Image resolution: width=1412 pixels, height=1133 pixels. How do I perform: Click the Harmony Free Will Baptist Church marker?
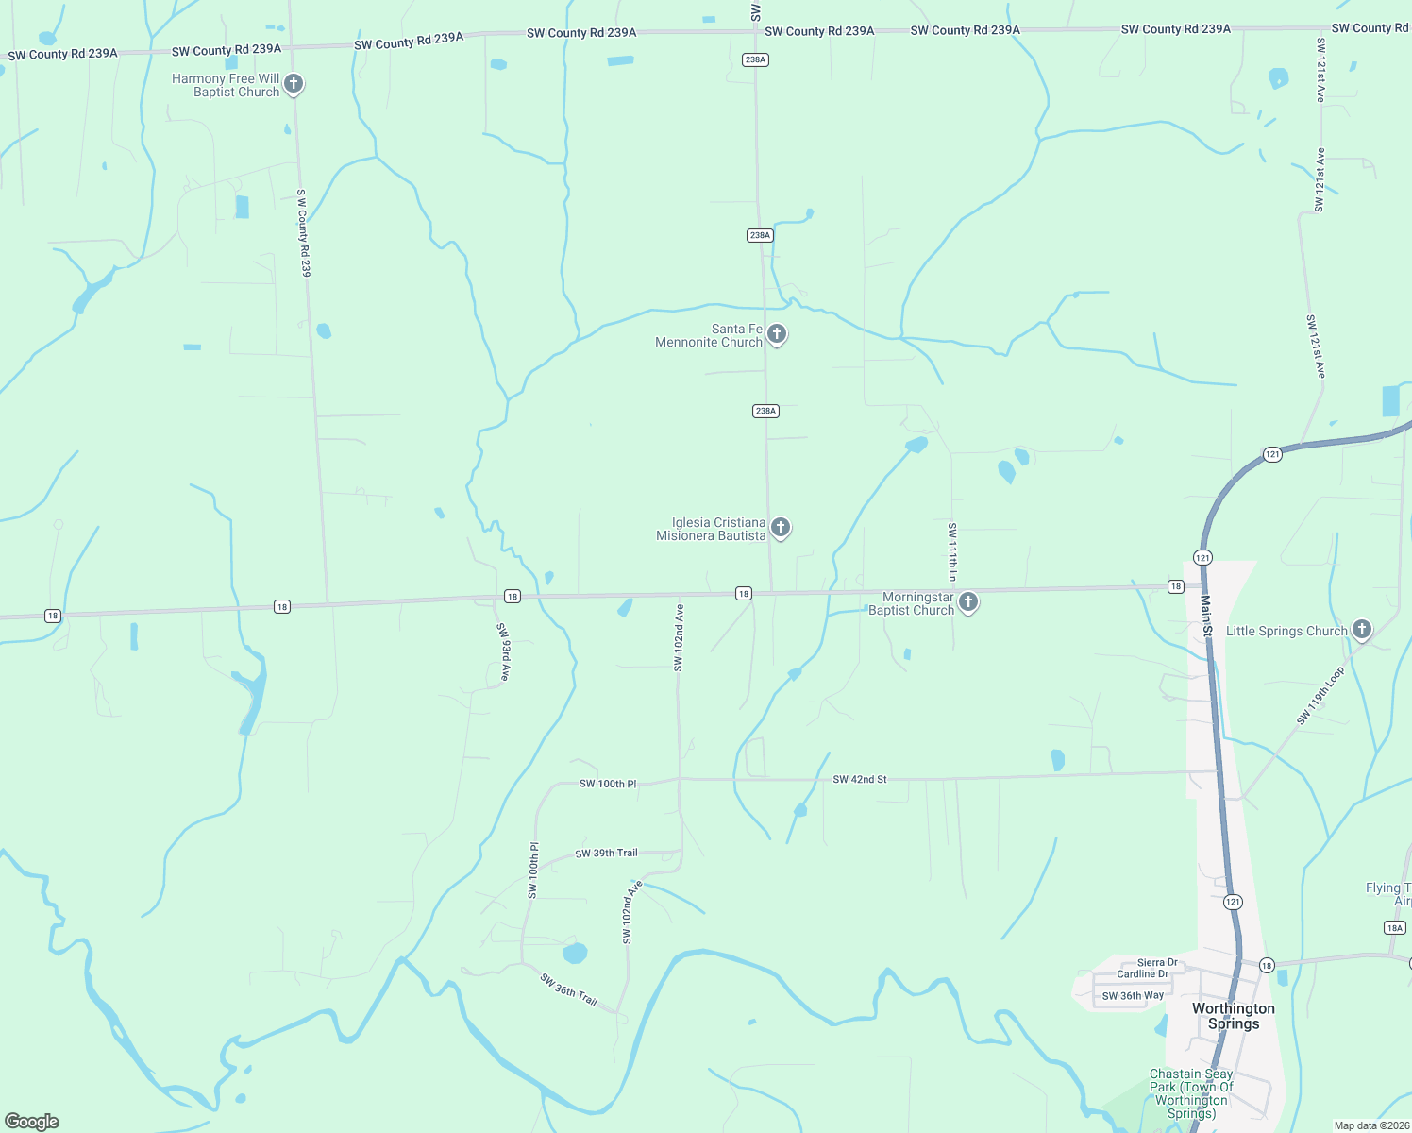294,84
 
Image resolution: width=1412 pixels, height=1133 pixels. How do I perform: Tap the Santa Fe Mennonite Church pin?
777,333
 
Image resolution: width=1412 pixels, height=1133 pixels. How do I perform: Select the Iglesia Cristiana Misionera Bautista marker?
781,528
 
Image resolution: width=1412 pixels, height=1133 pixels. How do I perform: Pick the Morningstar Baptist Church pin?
967,602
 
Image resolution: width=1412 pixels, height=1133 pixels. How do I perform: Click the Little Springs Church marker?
1361,630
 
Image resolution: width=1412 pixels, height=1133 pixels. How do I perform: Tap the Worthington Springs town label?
1233,1016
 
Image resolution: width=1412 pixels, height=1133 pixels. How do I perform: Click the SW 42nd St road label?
860,780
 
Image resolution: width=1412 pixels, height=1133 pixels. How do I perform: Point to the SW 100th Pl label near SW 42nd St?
608,784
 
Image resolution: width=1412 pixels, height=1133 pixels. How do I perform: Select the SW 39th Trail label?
606,854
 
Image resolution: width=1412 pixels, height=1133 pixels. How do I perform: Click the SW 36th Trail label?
569,989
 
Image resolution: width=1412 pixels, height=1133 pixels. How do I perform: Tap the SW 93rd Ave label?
505,652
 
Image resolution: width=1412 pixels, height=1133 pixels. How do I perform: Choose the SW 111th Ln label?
952,551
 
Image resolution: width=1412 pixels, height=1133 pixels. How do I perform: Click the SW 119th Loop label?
1320,696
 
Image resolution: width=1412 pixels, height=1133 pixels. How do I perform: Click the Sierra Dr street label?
1157,963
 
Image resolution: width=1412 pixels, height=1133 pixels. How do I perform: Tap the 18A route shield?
1395,928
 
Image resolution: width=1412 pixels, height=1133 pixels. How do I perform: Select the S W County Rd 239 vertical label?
303,232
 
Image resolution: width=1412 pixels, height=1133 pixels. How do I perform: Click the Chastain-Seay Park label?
1191,1093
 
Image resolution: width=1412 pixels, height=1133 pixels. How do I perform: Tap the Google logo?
32,1122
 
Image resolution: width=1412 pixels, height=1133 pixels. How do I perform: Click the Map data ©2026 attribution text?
1370,1125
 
